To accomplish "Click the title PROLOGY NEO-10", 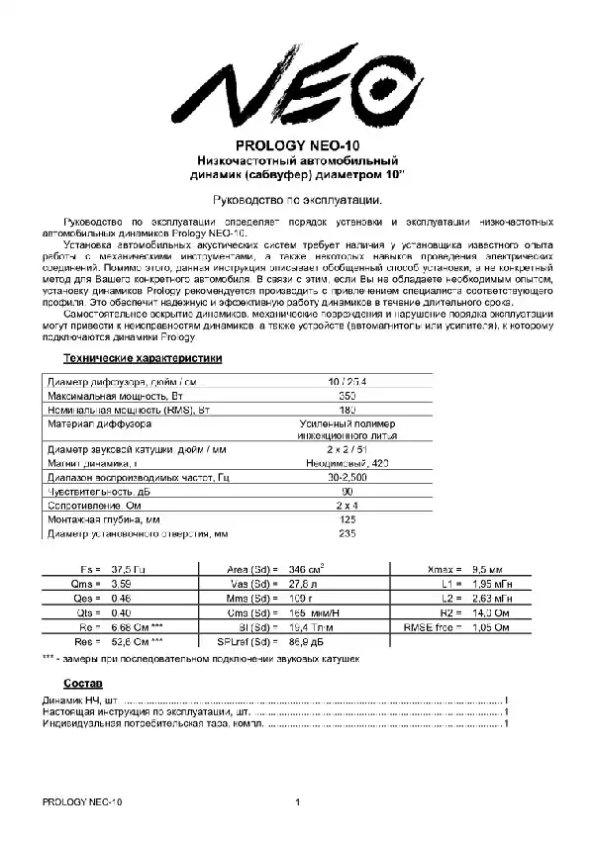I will tap(296, 144).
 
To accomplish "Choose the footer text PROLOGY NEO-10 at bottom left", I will tap(82, 800).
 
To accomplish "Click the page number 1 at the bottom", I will tap(296, 800).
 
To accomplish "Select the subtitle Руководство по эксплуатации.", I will tap(296, 198).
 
